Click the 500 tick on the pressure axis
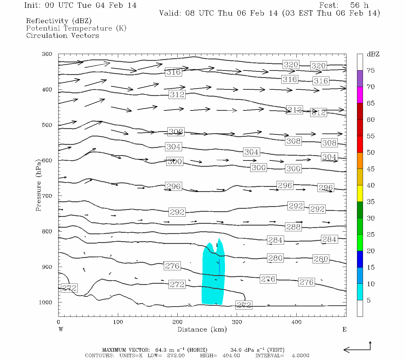(47, 125)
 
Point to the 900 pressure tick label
(47, 267)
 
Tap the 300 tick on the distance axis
(237, 322)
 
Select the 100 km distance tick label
(118, 322)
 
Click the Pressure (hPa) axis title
(38, 185)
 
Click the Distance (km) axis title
(202, 329)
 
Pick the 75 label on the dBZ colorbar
(370, 70)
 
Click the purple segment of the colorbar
(360, 79)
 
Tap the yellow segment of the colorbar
(360, 193)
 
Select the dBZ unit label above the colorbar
(373, 54)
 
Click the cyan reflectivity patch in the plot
(211, 282)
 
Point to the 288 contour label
(293, 227)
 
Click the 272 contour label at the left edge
(69, 288)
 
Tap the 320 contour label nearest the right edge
(318, 66)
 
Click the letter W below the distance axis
(61, 329)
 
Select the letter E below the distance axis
(344, 329)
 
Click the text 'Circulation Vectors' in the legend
(62, 35)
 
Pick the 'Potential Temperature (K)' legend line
(76, 28)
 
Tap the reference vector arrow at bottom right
(357, 349)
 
